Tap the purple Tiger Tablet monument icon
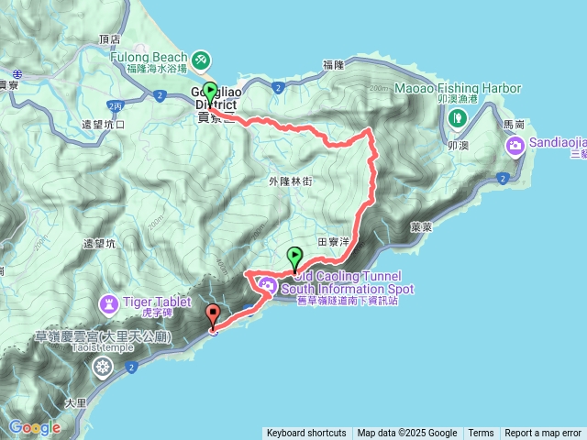[110, 302]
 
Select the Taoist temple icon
[103, 367]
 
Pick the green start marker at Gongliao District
[211, 92]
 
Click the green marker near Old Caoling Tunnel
[294, 258]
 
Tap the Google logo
[34, 427]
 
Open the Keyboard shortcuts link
[306, 434]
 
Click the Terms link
[481, 434]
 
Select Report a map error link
[543, 434]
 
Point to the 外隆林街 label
[292, 181]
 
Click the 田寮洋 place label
[333, 242]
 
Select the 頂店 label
[108, 39]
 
